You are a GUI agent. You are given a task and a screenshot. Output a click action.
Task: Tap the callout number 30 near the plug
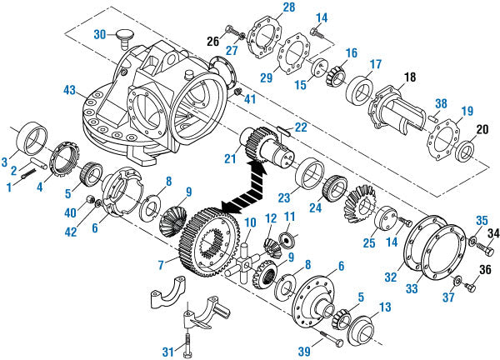[100, 34]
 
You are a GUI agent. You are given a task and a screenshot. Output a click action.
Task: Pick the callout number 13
[384, 308]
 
